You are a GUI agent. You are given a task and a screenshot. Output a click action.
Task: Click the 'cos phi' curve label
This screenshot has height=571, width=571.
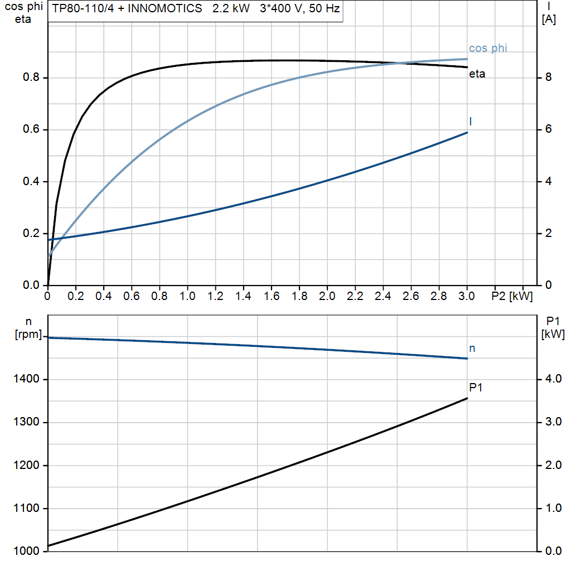point(488,49)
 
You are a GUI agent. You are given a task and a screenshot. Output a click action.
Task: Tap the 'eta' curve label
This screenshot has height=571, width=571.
point(477,74)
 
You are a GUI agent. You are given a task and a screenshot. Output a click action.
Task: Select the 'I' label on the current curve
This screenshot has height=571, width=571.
point(471,121)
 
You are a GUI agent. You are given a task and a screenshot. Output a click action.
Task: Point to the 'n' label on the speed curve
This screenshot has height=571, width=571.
point(472,349)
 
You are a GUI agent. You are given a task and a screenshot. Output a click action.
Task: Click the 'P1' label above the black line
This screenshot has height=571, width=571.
point(475,387)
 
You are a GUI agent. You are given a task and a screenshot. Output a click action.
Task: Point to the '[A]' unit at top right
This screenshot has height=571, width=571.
point(549,20)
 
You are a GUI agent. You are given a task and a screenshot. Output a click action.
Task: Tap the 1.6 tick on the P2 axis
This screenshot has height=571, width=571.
point(271,296)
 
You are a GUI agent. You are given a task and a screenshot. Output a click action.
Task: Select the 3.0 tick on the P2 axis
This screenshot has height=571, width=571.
point(466,296)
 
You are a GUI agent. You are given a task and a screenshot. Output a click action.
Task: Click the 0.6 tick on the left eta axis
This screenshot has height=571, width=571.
point(31,129)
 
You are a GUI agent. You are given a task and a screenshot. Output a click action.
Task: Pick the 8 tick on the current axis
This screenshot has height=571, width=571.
point(548,78)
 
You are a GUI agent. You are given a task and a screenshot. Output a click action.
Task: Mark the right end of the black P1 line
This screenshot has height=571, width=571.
point(467,398)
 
